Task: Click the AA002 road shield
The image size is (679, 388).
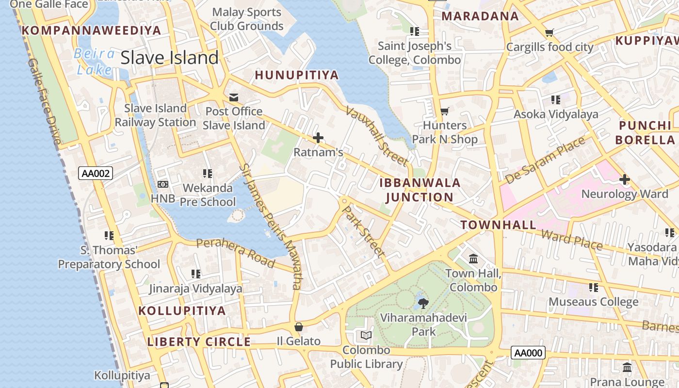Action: click(x=95, y=173)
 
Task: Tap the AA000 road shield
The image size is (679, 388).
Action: click(x=528, y=353)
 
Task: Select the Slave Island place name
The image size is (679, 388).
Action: click(x=169, y=58)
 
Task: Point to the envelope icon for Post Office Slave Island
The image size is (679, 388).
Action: click(x=234, y=97)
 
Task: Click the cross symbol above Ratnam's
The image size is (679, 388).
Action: click(x=318, y=138)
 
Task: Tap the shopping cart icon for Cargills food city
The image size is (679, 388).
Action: click(x=549, y=33)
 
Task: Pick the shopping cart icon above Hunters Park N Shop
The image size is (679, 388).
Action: click(x=444, y=112)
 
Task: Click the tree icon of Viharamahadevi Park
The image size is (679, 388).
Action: click(x=423, y=304)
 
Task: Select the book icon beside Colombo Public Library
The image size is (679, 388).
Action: click(x=366, y=335)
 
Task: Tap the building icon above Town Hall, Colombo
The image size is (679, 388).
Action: click(x=473, y=259)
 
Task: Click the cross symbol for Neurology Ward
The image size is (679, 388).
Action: click(x=625, y=180)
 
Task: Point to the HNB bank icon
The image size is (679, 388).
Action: click(x=163, y=184)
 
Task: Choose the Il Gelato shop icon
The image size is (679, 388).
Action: click(x=299, y=327)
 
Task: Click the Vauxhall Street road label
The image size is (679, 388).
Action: click(x=376, y=136)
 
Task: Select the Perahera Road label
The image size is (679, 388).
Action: click(x=236, y=252)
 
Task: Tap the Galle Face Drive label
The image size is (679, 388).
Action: click(x=44, y=102)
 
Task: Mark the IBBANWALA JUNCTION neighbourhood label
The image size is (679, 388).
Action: click(x=420, y=190)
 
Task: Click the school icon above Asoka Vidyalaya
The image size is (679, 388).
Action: click(x=556, y=100)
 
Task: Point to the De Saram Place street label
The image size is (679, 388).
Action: click(x=546, y=161)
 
